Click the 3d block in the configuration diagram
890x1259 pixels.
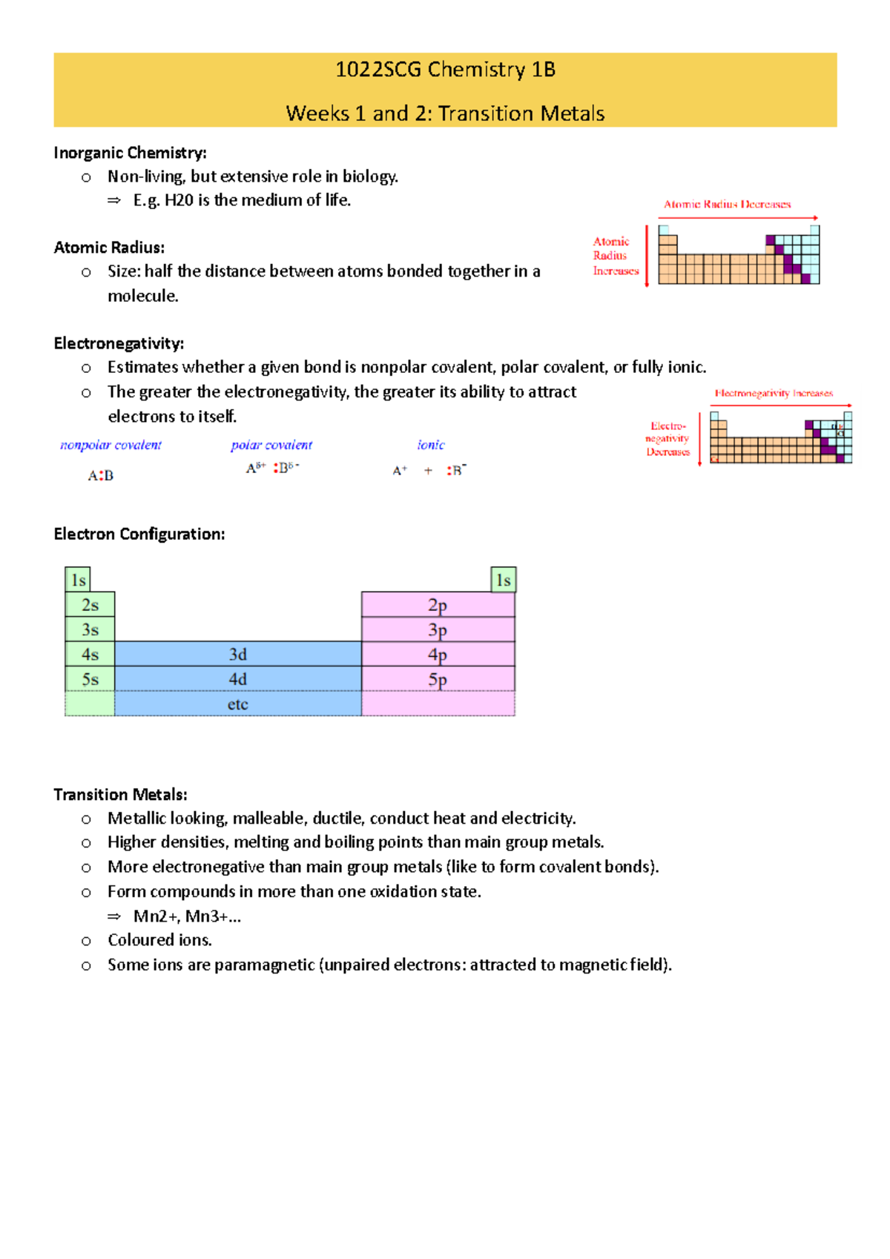pyautogui.click(x=237, y=654)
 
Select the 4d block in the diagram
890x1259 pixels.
pyautogui.click(x=237, y=679)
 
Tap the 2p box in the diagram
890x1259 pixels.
pyautogui.click(x=438, y=605)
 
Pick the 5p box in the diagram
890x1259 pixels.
pyautogui.click(x=438, y=679)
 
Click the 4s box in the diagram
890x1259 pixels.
pyautogui.click(x=90, y=654)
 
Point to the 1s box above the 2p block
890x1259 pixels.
pyautogui.click(x=504, y=580)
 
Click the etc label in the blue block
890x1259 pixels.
pyautogui.click(x=237, y=704)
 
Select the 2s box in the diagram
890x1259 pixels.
pyautogui.click(x=90, y=605)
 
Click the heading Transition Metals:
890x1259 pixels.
pyautogui.click(x=120, y=794)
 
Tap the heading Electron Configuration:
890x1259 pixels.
pyautogui.click(x=139, y=534)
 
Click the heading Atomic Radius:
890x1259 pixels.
pyautogui.click(x=109, y=248)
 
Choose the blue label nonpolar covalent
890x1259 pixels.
pyautogui.click(x=111, y=445)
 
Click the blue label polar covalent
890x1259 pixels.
pyautogui.click(x=271, y=445)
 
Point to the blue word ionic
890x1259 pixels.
pyautogui.click(x=431, y=445)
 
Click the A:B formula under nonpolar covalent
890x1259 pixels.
pyautogui.click(x=101, y=475)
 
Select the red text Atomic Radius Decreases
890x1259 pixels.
pyautogui.click(x=727, y=204)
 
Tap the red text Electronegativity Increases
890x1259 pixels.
pyautogui.click(x=774, y=393)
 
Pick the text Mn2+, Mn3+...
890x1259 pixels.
pyautogui.click(x=187, y=916)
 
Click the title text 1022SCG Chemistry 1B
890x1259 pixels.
pyautogui.click(x=445, y=70)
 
